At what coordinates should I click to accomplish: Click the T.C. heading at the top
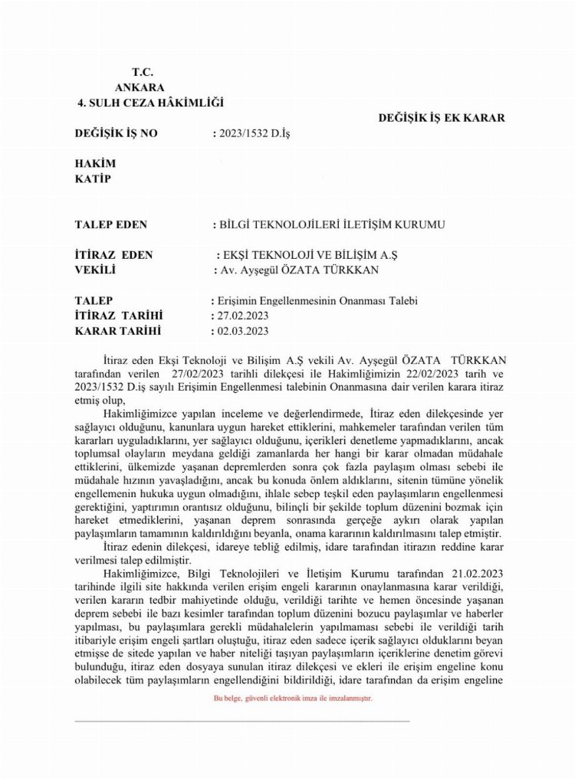143,72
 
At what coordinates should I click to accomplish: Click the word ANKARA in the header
140,87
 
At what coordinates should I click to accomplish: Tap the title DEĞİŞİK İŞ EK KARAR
442,118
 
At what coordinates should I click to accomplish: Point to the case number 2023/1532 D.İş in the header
256,133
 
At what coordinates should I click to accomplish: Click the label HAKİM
94,164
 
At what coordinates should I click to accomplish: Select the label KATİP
94,179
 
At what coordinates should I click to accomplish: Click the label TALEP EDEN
111,224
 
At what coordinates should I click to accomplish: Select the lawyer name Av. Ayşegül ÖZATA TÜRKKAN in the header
299,270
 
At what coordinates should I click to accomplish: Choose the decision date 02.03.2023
242,331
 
